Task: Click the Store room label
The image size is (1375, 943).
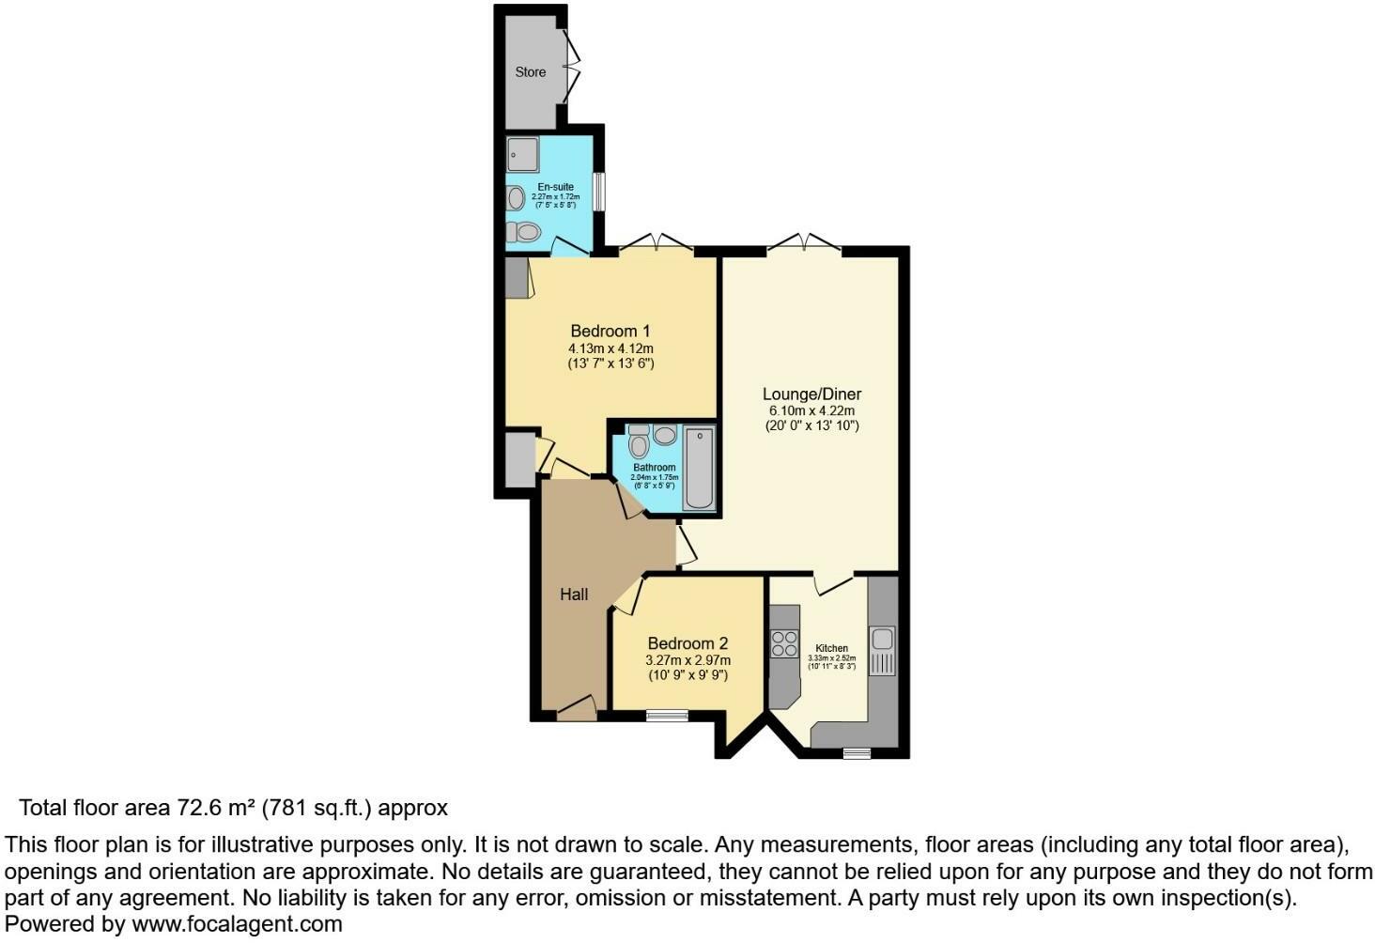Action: point(530,72)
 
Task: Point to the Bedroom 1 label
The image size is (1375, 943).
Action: point(610,332)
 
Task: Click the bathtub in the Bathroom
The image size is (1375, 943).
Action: point(699,468)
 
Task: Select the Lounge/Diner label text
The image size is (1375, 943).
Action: point(811,394)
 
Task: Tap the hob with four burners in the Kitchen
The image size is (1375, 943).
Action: point(784,644)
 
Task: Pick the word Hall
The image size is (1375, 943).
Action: point(574,595)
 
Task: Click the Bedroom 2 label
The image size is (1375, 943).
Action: point(687,644)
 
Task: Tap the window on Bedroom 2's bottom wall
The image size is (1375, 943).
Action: point(667,716)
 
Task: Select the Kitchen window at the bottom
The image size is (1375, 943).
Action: point(856,752)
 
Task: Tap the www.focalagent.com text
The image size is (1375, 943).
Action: point(237,924)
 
